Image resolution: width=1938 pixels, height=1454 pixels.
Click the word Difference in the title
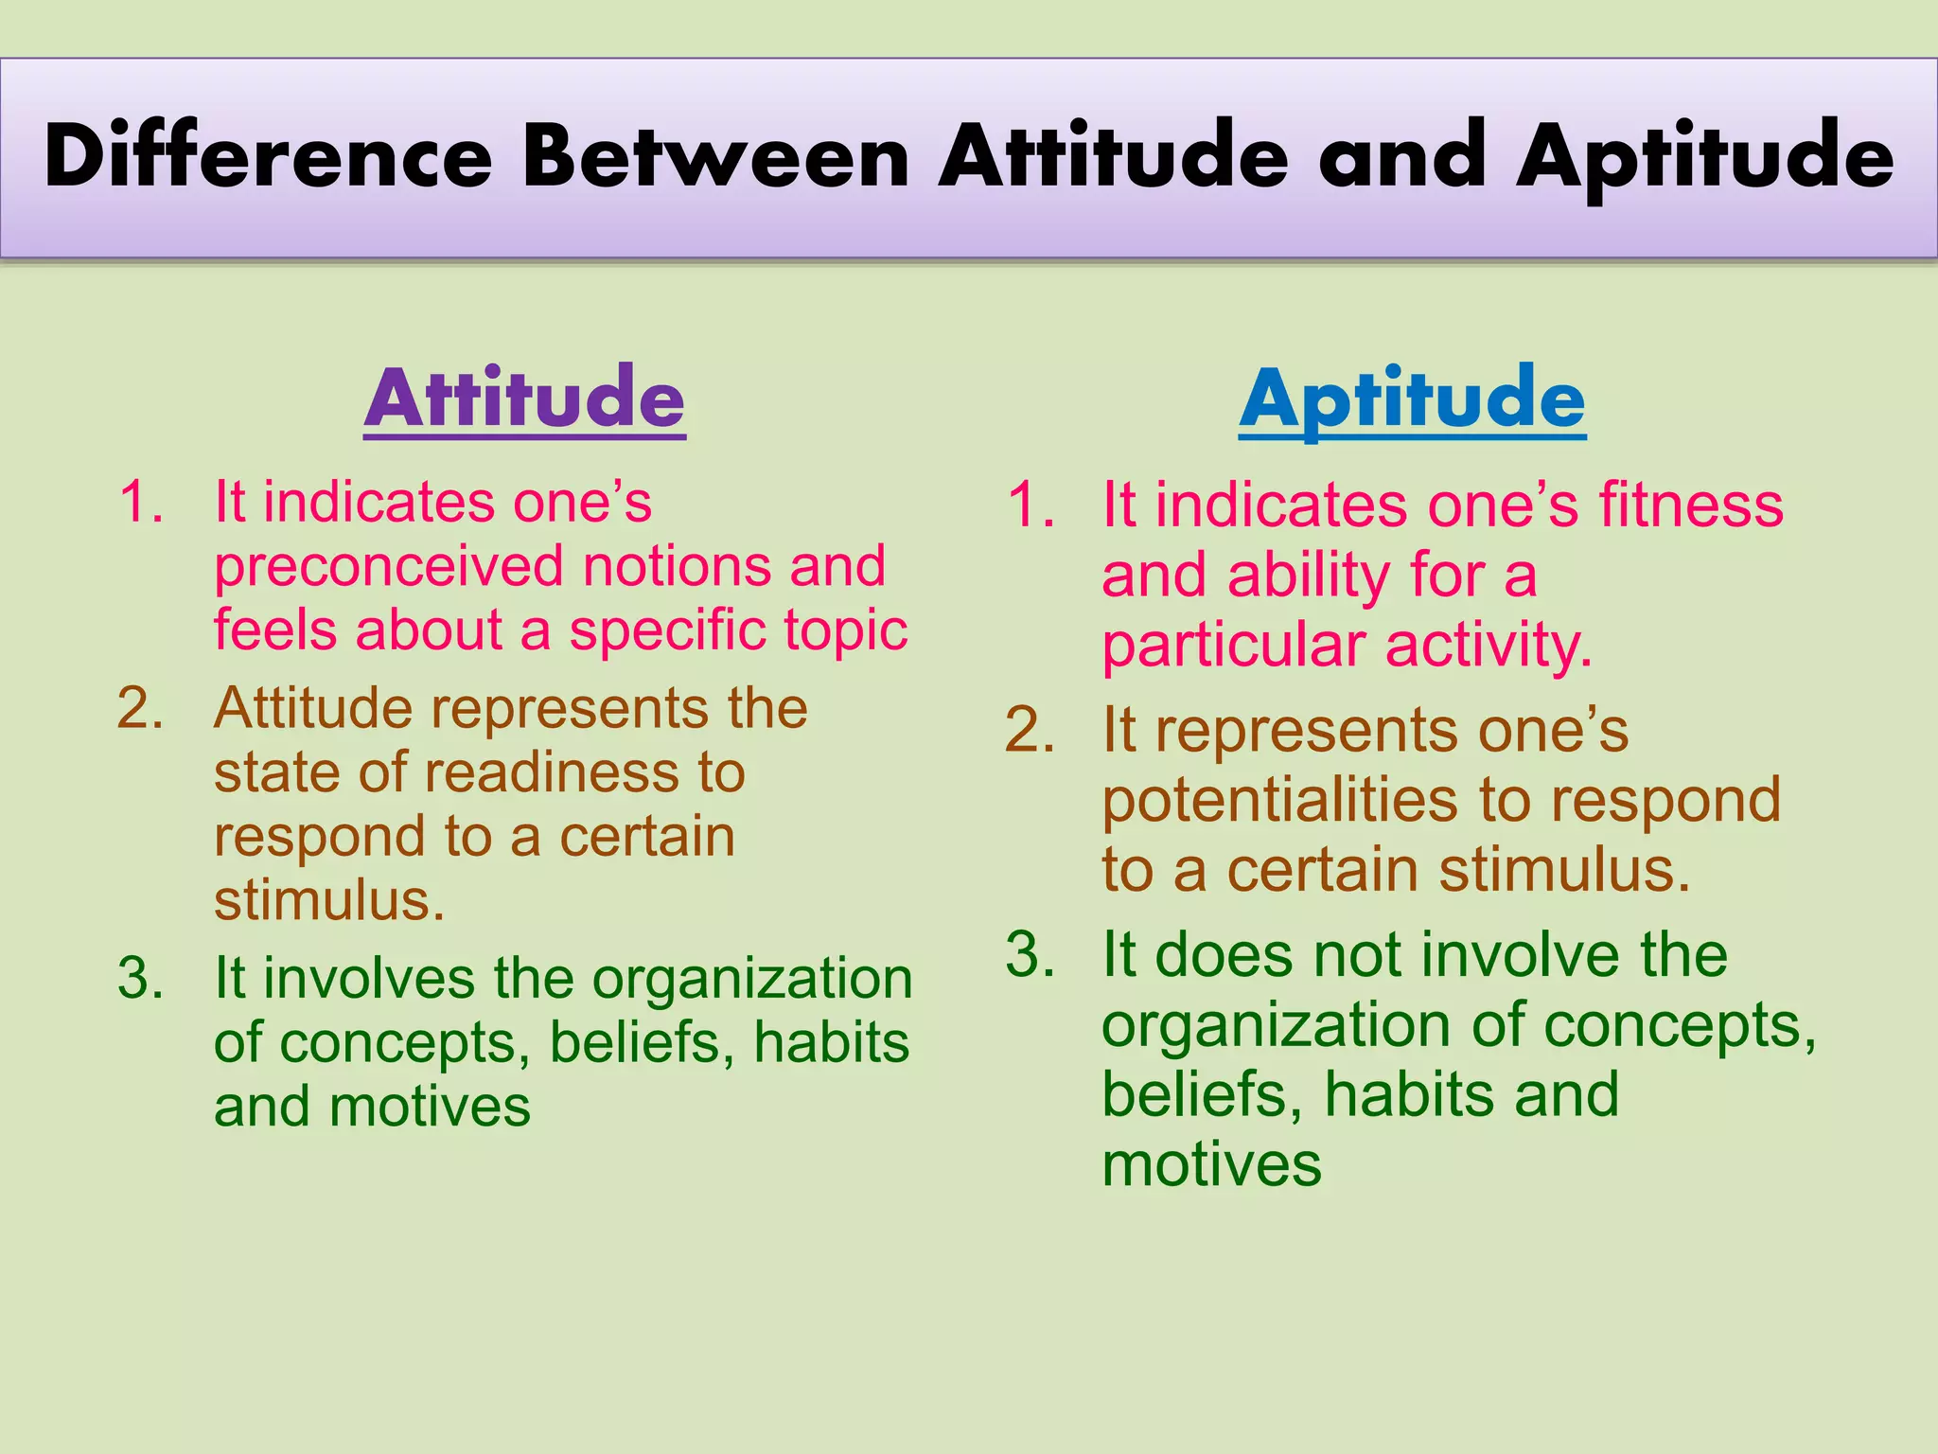pos(268,156)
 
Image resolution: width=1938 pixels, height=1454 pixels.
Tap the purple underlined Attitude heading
pos(524,399)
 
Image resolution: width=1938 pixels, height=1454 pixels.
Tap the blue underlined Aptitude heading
pos(1412,399)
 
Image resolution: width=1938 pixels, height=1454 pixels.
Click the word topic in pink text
pos(845,631)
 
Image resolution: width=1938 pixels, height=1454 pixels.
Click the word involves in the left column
pos(369,978)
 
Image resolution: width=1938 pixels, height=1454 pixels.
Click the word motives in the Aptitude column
pos(1211,1165)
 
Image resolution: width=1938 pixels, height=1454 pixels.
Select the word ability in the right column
pos(1307,576)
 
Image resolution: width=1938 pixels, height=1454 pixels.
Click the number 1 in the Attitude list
pos(135,502)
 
